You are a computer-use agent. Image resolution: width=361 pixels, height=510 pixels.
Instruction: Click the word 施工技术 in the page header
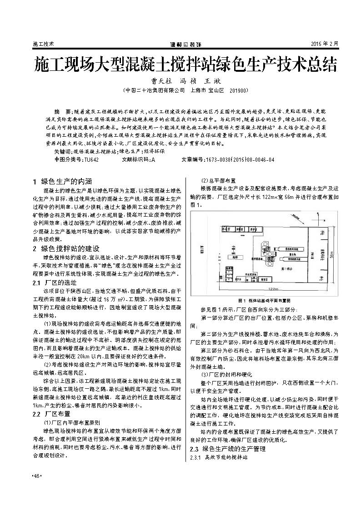pyautogui.click(x=44, y=44)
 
